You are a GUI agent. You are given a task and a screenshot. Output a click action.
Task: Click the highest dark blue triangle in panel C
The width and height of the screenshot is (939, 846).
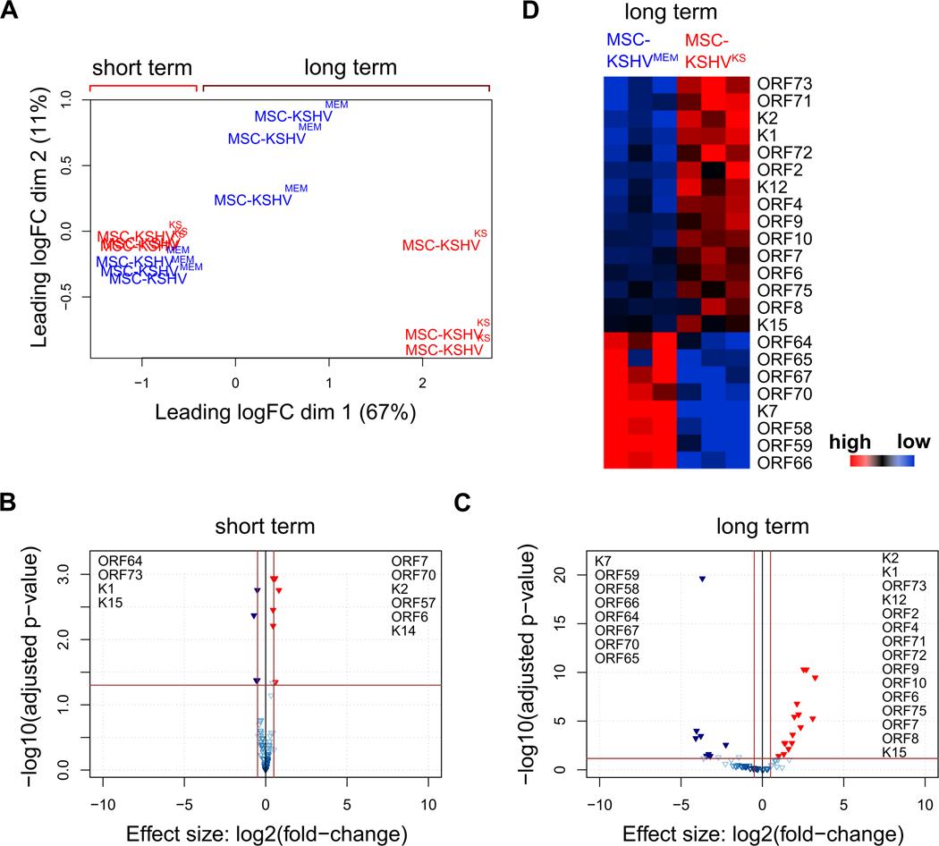702,580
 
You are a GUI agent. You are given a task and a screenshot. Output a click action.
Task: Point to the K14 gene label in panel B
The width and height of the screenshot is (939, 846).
402,631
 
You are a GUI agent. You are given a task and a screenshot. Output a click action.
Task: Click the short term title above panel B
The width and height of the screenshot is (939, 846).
266,528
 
